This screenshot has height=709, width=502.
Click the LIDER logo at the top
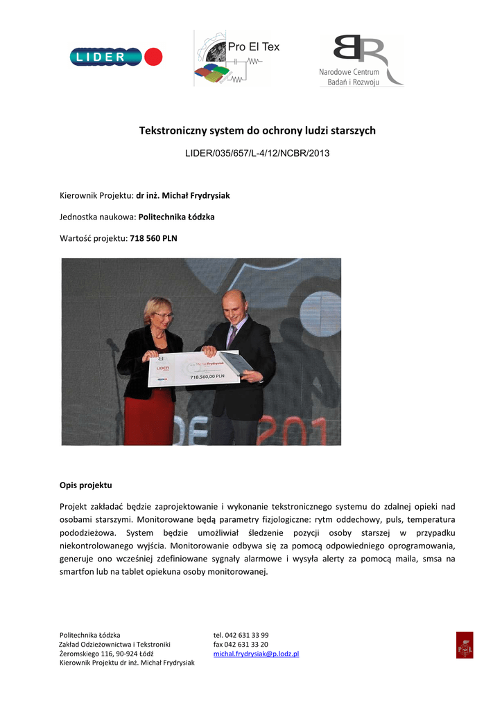[116, 57]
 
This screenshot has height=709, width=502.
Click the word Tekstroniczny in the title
[171, 131]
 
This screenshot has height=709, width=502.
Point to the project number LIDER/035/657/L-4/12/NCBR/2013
[257, 152]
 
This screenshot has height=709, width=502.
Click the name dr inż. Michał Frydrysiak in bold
[183, 196]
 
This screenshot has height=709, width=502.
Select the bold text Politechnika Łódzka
[177, 217]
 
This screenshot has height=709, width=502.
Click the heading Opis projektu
[86, 485]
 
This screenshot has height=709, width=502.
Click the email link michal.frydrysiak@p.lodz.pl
[256, 654]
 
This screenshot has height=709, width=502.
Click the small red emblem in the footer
[465, 645]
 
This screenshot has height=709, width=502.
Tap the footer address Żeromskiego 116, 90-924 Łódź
[107, 654]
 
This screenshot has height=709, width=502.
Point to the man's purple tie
[232, 336]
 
